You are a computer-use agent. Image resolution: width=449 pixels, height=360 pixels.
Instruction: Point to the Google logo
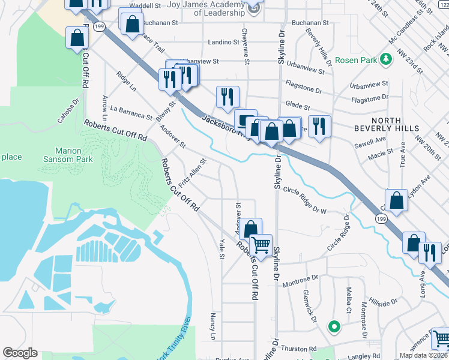coord(20,353)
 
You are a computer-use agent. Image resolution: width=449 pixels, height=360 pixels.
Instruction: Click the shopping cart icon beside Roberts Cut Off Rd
coord(261,245)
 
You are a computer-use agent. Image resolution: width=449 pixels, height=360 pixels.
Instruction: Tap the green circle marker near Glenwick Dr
coord(334,327)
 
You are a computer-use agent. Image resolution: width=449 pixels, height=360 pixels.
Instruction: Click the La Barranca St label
coord(131,112)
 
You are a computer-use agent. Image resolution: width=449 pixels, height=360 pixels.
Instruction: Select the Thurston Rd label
coord(298,349)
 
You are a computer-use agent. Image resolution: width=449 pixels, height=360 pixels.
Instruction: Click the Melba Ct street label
coord(348,301)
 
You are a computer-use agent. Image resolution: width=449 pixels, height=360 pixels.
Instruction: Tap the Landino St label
coord(223,43)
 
